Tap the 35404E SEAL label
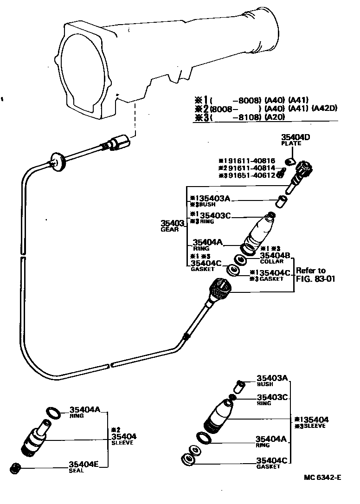83,466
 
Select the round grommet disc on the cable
57,160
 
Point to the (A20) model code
275,118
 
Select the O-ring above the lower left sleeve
53,412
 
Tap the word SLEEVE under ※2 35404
122,443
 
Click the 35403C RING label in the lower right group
273,400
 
